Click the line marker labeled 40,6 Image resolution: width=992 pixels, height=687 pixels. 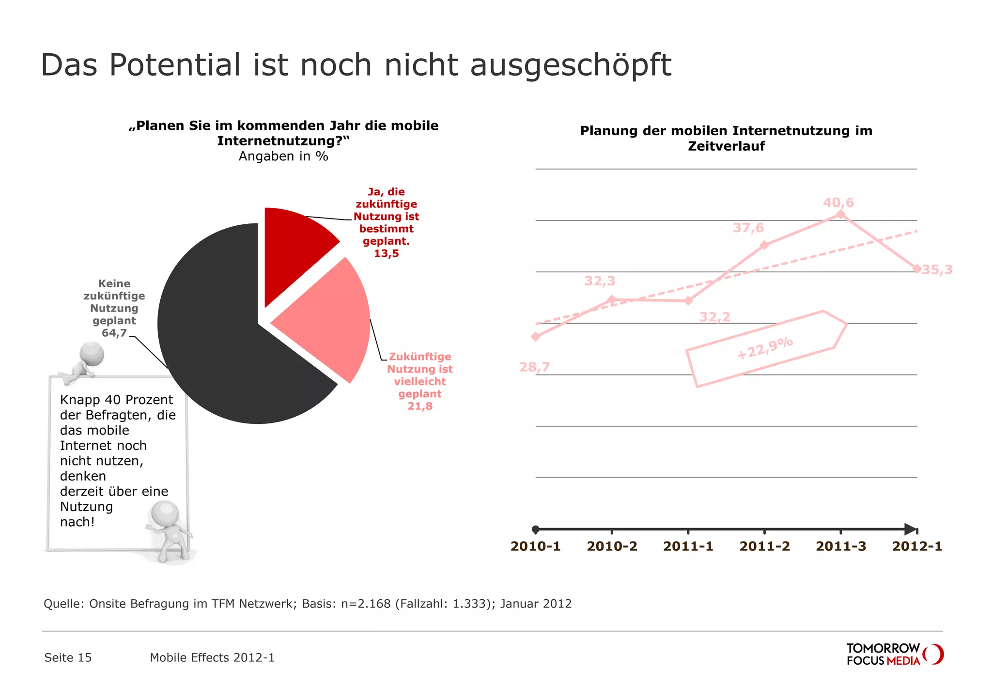coord(841,215)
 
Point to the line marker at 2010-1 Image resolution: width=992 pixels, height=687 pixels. coord(535,337)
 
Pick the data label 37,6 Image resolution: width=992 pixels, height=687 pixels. coord(748,228)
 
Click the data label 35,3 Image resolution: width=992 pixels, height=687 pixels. coord(937,270)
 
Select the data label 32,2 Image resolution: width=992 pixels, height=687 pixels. coord(714,317)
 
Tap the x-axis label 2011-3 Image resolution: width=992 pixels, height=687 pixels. coord(841,546)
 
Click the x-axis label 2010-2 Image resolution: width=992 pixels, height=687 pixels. coord(612,546)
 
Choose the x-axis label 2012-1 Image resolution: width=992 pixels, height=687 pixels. coord(917,546)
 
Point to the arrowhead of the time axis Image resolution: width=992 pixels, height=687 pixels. coord(911,529)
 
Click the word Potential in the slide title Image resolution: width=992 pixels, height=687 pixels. coord(174,65)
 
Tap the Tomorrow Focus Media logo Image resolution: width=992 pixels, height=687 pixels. coord(894,655)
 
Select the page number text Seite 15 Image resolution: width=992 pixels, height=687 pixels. coord(68,657)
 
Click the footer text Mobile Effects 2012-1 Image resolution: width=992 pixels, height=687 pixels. coord(212,657)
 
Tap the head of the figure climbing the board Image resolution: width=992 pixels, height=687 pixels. coord(92,354)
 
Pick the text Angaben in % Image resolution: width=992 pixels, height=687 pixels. coord(283,156)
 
